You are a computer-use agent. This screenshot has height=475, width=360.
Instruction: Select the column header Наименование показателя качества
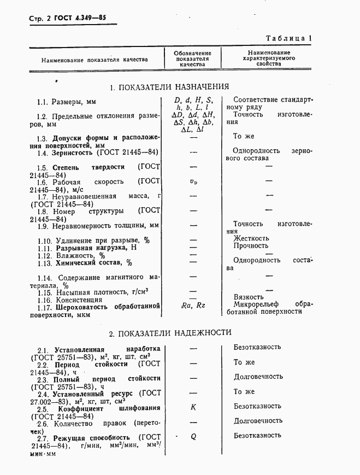pyautogui.click(x=94, y=59)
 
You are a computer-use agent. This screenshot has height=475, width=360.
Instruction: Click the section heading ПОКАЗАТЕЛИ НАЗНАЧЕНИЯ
pyautogui.click(x=169, y=87)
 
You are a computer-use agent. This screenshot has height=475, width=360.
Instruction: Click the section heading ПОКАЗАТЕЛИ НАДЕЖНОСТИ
pyautogui.click(x=170, y=332)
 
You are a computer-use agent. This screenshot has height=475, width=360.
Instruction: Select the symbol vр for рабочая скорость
pyautogui.click(x=192, y=181)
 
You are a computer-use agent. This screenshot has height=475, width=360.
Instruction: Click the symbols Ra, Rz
pyautogui.click(x=192, y=305)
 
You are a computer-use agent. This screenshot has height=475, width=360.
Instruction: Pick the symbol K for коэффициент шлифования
pyautogui.click(x=193, y=407)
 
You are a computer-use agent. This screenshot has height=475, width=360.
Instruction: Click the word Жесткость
pyautogui.click(x=251, y=238)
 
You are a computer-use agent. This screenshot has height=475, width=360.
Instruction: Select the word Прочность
pyautogui.click(x=251, y=246)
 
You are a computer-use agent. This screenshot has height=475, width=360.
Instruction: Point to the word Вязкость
pyautogui.click(x=249, y=297)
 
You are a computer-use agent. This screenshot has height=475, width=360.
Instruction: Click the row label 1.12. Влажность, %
pyautogui.click(x=72, y=255)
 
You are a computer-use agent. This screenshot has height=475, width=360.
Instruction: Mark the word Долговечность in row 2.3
pyautogui.click(x=258, y=377)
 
